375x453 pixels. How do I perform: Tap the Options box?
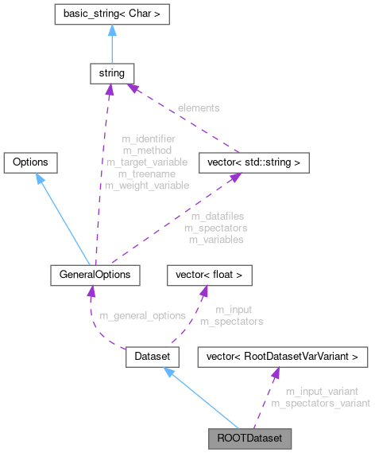coord(31,162)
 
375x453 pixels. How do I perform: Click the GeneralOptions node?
coord(95,275)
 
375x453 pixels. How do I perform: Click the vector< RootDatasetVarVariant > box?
coord(282,357)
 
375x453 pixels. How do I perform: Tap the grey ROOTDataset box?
coord(249,438)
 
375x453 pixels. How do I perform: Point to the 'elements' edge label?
coord(199,107)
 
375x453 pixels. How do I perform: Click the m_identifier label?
coord(149,139)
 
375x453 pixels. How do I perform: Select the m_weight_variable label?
coord(147,185)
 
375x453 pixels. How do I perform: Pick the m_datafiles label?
coord(216,216)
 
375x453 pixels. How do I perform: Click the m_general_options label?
coord(142,315)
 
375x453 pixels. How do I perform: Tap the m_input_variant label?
coord(321,391)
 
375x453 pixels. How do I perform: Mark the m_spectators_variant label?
coord(320,403)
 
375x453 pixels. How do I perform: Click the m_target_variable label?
coord(147,162)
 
